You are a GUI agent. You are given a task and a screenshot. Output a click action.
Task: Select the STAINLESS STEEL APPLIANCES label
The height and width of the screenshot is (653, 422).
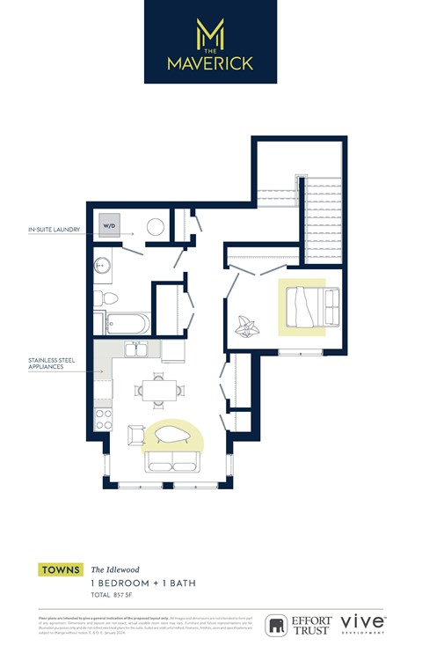tap(51, 363)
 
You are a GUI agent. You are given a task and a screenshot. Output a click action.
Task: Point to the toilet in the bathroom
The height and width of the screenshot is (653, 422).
tap(101, 297)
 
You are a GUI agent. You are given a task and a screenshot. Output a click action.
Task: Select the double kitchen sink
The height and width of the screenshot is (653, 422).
tap(137, 349)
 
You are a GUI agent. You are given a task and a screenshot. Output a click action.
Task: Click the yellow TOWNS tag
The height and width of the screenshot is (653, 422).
tap(61, 570)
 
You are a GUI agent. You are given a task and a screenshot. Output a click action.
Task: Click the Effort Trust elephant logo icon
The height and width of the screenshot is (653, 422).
tap(278, 625)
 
